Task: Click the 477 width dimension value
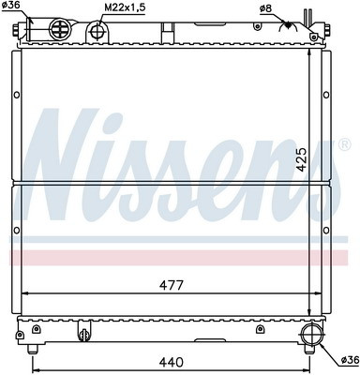[x=171, y=285]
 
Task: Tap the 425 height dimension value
[x=302, y=159]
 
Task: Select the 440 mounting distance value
[x=171, y=362]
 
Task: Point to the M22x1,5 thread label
[x=125, y=7]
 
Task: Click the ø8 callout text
[x=265, y=9]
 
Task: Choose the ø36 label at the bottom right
[x=350, y=360]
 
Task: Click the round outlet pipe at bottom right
[x=311, y=334]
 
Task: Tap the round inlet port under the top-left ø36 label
[x=60, y=29]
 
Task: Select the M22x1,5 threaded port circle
[x=97, y=31]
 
